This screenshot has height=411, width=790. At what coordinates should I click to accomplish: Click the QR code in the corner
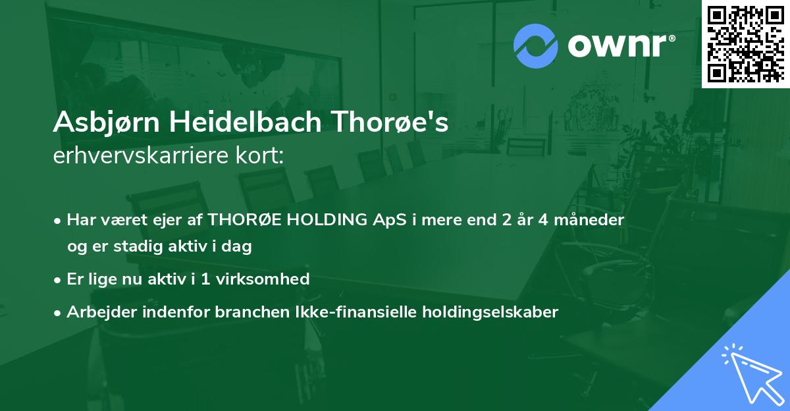click(745, 43)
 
